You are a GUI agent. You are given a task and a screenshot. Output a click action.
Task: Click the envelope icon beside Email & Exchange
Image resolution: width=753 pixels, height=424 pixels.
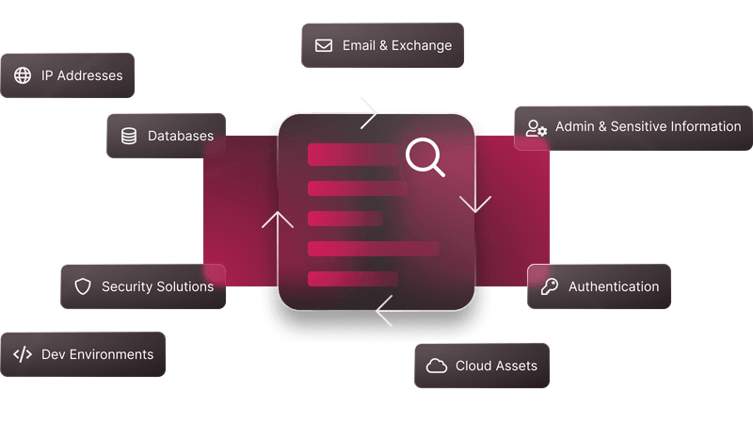[324, 45]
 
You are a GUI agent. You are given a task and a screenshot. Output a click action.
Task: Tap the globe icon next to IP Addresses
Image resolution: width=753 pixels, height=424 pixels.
[23, 75]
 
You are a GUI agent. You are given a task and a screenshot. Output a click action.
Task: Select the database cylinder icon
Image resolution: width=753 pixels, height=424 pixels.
[129, 136]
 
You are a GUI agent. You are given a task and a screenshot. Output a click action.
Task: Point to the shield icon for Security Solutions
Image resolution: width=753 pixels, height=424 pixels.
[83, 286]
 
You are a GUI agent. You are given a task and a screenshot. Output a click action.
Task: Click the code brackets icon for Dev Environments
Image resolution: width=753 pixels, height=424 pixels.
[23, 355]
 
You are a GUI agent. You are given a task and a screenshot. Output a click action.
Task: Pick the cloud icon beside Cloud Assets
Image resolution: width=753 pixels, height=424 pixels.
[437, 366]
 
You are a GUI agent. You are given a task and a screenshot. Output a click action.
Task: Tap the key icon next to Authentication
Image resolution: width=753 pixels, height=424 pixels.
[550, 286]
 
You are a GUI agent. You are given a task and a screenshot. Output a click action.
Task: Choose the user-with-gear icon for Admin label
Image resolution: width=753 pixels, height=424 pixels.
[536, 128]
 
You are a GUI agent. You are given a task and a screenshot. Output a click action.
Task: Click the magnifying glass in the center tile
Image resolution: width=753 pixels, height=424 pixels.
[425, 156]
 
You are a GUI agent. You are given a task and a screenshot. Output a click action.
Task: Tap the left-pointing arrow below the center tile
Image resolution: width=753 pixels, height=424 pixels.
[423, 311]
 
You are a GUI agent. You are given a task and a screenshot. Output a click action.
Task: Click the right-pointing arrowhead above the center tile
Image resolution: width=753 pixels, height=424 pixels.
[369, 113]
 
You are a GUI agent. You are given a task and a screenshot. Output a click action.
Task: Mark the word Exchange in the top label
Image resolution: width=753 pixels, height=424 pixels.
[422, 45]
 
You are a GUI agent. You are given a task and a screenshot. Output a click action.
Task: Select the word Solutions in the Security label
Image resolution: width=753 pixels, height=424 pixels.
[185, 286]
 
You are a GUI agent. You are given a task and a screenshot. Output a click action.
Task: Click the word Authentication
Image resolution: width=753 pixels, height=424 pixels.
[614, 286]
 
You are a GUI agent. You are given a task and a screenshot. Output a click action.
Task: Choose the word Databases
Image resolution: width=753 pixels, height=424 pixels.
[181, 136]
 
